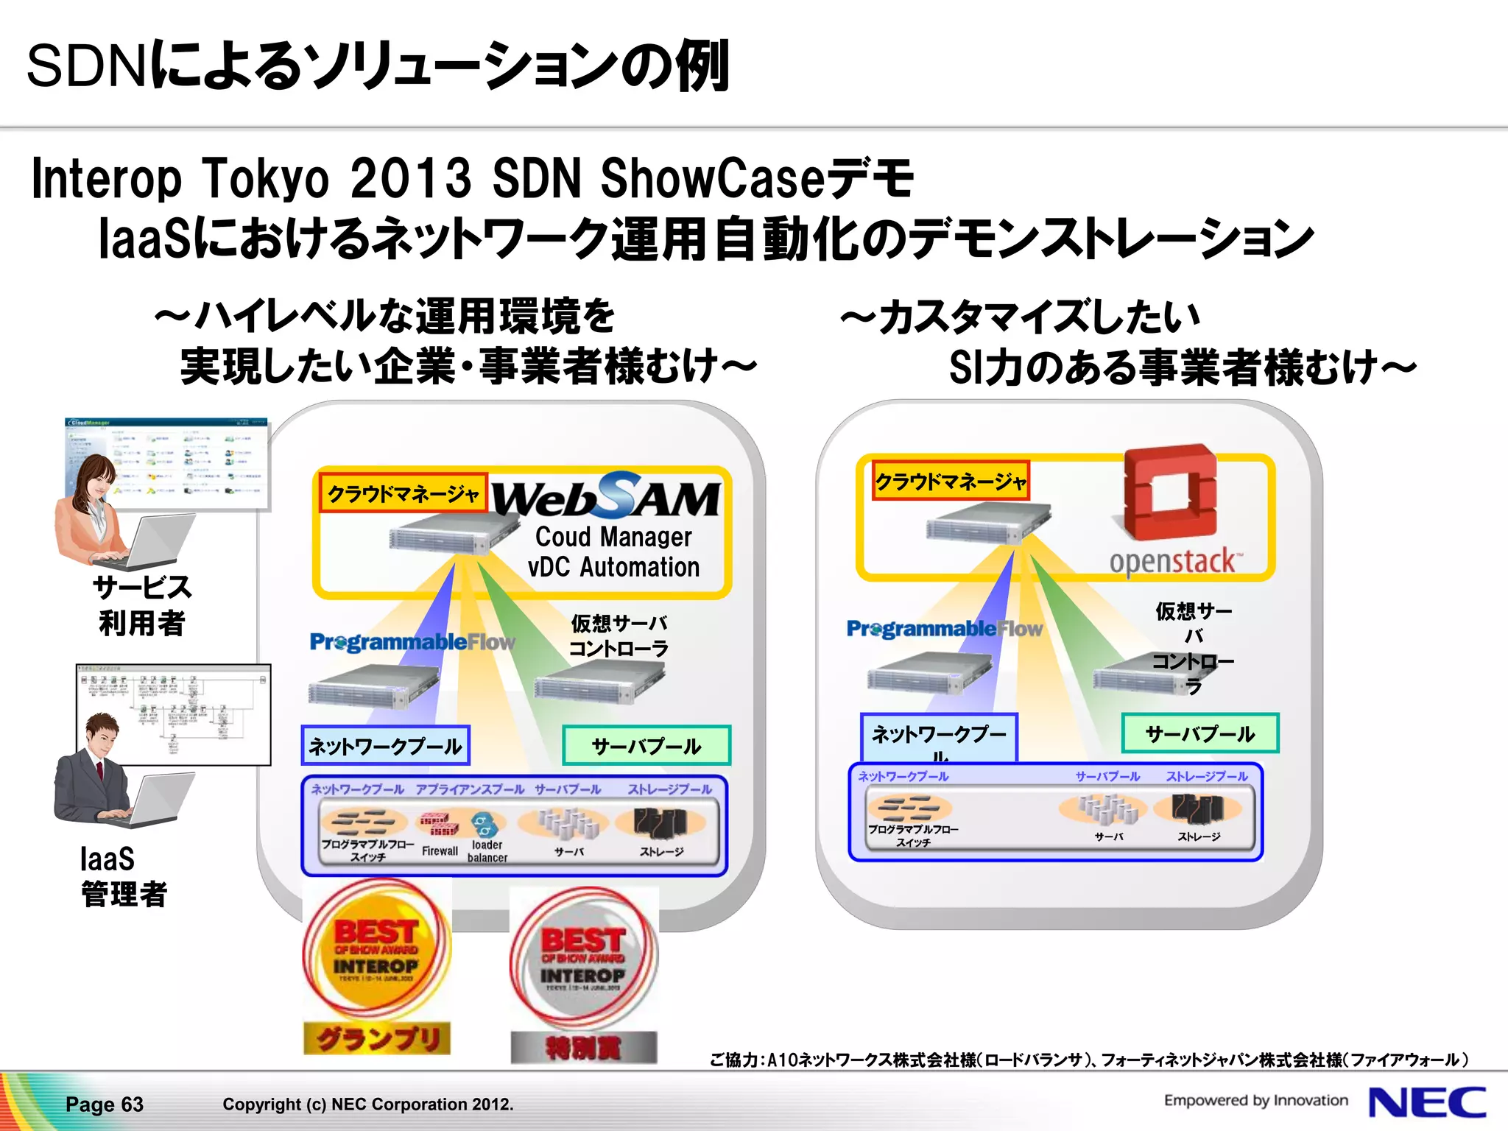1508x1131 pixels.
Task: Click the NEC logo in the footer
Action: (x=1426, y=1102)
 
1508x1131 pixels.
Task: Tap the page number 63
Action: (x=105, y=1104)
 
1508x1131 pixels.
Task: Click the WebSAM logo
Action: (x=605, y=496)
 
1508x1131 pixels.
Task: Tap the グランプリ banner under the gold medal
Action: (x=377, y=1038)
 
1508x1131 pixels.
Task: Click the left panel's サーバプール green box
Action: (x=646, y=746)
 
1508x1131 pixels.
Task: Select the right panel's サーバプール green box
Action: (x=1199, y=733)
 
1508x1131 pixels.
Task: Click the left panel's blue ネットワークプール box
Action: (x=385, y=746)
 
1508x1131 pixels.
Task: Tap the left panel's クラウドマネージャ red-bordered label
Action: (x=403, y=493)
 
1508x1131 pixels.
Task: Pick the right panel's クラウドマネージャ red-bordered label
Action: (x=950, y=482)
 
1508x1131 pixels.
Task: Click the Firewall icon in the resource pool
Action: (x=439, y=825)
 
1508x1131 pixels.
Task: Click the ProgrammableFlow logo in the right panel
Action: (x=945, y=629)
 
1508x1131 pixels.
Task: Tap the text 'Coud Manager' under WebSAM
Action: (x=613, y=537)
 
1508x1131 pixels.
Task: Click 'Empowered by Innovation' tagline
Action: (x=1255, y=1100)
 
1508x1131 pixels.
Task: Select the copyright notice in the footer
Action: (x=367, y=1104)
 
